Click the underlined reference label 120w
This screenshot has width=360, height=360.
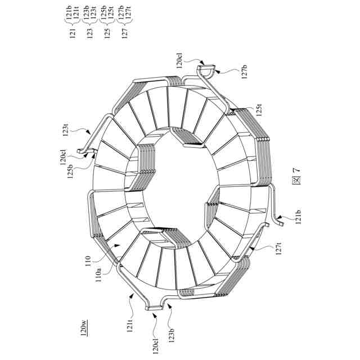[84, 327]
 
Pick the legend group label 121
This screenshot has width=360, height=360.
[73, 33]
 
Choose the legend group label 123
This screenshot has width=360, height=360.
[90, 33]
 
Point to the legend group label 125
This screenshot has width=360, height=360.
[107, 33]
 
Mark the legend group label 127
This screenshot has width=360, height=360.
[124, 33]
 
